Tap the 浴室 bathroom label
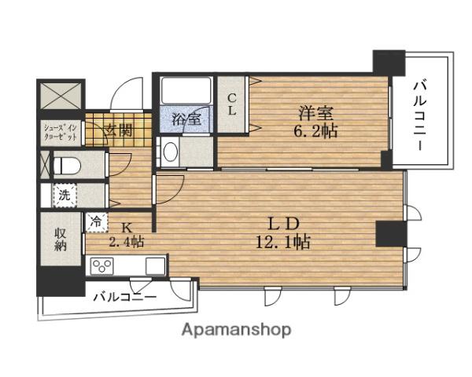point(186,120)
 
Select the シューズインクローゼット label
point(60,130)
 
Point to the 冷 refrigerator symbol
point(95,222)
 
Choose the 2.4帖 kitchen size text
point(127,242)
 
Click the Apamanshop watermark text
point(237,330)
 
